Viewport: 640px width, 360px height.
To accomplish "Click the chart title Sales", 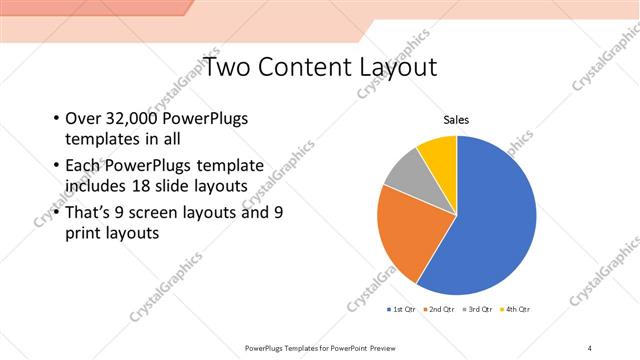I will tap(457, 121).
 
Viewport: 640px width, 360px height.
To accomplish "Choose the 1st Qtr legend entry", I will tap(402, 310).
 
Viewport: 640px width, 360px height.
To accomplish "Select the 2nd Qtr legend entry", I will tap(439, 310).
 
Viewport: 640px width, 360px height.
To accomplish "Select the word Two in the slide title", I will tap(227, 68).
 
